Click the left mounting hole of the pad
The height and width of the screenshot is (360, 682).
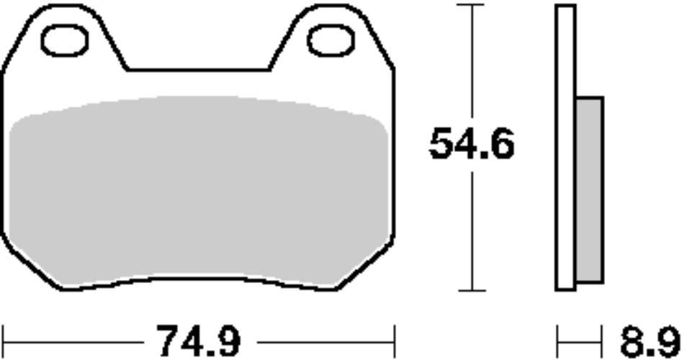64,41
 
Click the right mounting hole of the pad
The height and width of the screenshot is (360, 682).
331,41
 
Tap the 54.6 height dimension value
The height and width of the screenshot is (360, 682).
472,145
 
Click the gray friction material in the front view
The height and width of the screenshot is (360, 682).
198,191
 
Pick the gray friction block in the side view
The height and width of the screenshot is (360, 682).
589,189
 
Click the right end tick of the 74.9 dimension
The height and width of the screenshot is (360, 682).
394,337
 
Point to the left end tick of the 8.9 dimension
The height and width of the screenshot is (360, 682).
557,337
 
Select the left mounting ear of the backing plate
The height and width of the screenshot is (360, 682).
65,29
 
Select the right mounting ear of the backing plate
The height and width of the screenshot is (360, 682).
331,29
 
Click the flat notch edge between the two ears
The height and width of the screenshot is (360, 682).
198,70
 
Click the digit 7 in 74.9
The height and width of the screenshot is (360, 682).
168,340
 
